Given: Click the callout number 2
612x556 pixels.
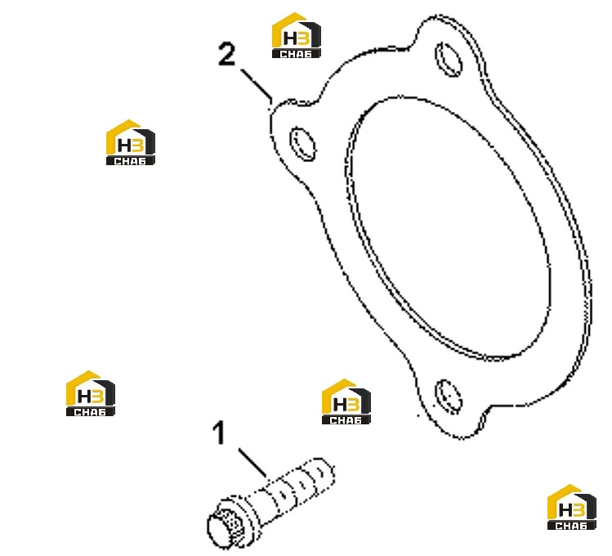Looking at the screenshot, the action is pos(227,54).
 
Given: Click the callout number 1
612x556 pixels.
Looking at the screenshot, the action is pos(219,433).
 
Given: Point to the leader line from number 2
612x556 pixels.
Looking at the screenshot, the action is pos(257,84).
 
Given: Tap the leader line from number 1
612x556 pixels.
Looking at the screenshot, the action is pos(253,462).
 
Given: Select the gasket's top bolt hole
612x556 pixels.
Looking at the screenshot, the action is pos(449,59).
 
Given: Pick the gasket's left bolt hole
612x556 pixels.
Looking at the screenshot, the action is pos(302,144).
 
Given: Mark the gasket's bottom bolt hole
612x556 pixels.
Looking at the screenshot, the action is pos(449,397).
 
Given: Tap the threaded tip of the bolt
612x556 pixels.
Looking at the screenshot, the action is pos(322,473).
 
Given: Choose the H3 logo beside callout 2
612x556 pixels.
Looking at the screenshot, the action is pos(297,35).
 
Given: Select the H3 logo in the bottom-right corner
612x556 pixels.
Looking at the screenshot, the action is pos(572,507).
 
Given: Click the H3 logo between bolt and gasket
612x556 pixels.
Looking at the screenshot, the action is pos(346,401).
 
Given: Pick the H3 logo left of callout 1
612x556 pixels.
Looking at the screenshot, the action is pos(91,393).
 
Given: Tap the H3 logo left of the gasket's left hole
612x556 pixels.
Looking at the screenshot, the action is pos(131,142).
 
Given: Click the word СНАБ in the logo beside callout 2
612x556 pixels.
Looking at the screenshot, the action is pos(297,54).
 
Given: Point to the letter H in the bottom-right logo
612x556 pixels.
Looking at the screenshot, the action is pos(565,510).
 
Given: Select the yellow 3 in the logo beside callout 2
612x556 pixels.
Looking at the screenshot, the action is pos(304,38).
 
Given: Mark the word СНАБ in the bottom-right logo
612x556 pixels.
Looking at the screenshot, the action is pos(572,526).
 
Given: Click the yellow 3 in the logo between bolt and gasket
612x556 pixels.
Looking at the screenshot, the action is pos(354,404).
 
